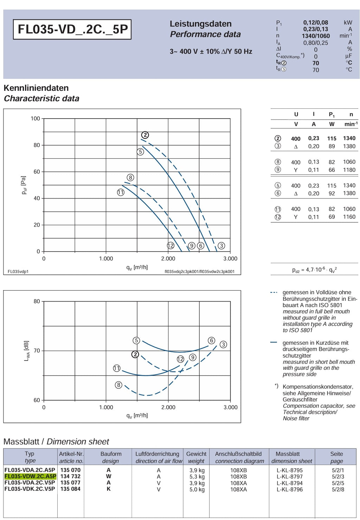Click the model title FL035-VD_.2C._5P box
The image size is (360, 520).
[x=72, y=30]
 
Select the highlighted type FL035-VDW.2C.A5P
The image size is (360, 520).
[x=30, y=476]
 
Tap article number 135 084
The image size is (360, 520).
[x=70, y=489]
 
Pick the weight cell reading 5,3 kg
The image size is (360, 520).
[x=197, y=477]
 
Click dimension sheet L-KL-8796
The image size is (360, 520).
[x=289, y=489]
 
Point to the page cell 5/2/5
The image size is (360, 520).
[x=338, y=483]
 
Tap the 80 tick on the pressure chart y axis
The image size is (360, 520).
[x=37, y=145]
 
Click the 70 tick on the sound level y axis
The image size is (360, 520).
[x=37, y=350]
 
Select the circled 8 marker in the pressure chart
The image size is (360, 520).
[x=130, y=178]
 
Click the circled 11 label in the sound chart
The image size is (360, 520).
[x=117, y=368]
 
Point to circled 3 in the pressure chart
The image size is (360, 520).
[x=221, y=246]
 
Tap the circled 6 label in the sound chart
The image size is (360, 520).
[x=211, y=341]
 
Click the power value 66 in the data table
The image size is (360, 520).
[x=332, y=170]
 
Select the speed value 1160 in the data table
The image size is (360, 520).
[x=349, y=217]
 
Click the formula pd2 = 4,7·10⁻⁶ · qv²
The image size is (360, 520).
[x=315, y=270]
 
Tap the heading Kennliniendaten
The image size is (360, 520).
[x=36, y=88]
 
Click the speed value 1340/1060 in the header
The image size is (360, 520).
[x=316, y=36]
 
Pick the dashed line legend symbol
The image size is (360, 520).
[x=274, y=292]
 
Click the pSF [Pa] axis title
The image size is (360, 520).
[x=24, y=185]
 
